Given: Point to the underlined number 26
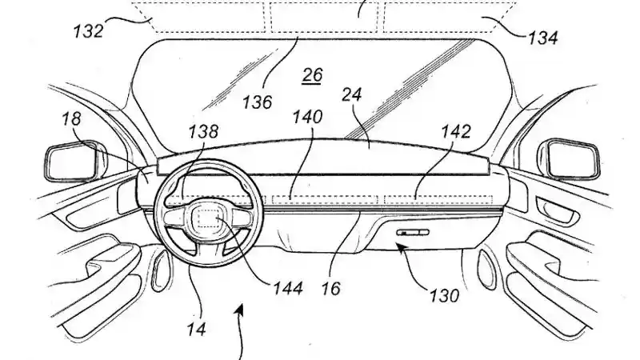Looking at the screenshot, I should coord(312,76).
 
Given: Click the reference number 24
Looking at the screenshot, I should coord(353,94).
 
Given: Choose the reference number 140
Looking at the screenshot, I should coord(307,118).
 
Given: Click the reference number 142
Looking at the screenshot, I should coord(454,131).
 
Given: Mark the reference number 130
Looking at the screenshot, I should coord(444,296).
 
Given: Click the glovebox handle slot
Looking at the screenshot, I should coord(414,231).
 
